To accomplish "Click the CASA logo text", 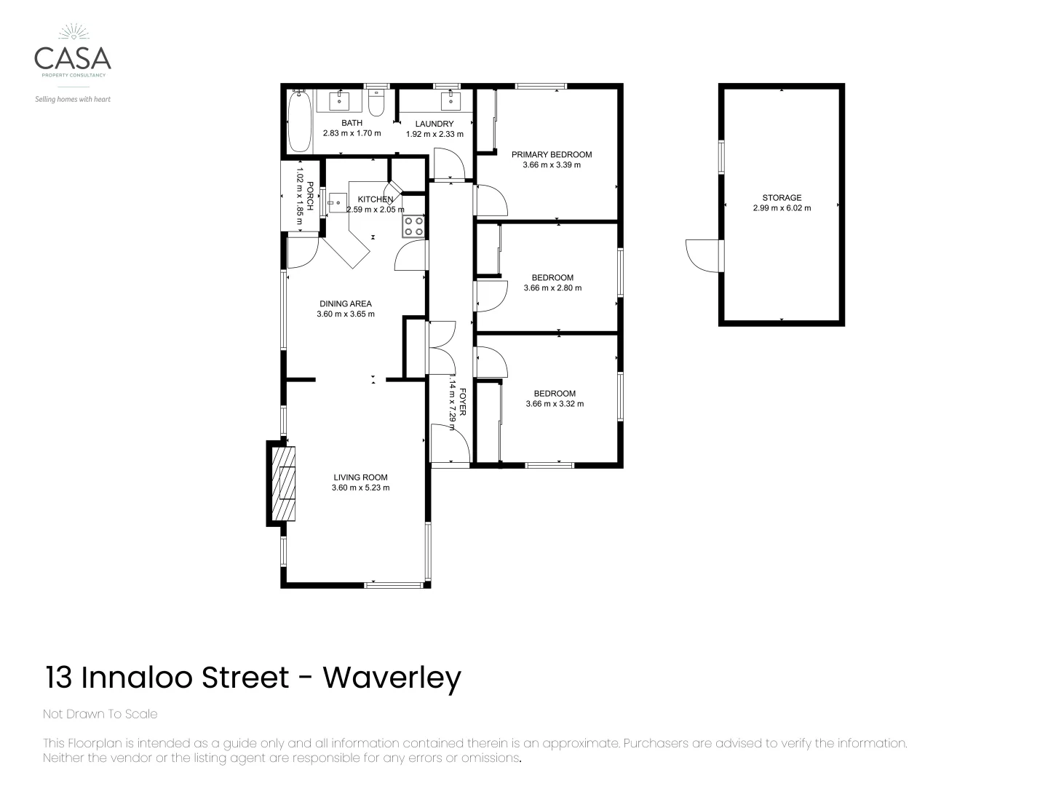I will (73, 57).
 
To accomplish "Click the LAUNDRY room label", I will (434, 124).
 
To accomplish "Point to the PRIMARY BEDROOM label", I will (551, 154).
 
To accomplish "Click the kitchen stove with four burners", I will (414, 226).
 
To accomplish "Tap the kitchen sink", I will (338, 202).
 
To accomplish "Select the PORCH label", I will (310, 196).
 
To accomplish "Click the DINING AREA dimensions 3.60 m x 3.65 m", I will (346, 314).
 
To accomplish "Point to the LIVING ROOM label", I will (360, 477).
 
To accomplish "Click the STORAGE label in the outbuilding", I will (782, 197).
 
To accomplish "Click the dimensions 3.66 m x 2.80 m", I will (552, 288).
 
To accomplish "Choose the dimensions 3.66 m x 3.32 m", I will (555, 404).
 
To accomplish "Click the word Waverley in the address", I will (392, 678).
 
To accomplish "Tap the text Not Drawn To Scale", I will (100, 714).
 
